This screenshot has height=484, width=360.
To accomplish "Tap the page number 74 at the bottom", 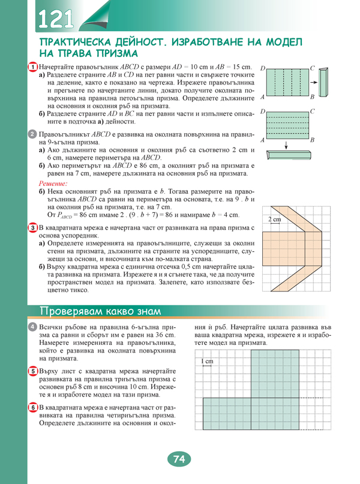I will coord(178,460).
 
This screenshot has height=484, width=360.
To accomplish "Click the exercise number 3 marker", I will coord(33,229).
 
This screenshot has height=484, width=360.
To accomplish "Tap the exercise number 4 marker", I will coord(33,326).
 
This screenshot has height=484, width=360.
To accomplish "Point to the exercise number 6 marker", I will coord(33,408).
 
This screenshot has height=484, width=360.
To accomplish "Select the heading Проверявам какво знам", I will coord(99,310).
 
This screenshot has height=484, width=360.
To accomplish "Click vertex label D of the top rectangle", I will coord(262,69).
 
